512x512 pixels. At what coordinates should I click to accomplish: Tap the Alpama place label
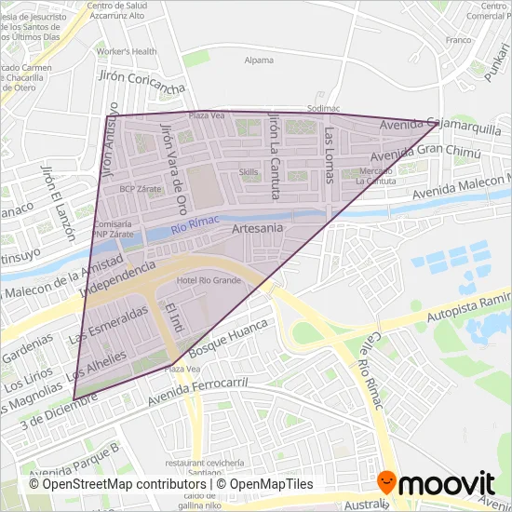pyautogui.click(x=259, y=61)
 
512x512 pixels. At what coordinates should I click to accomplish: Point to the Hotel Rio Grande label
pyautogui.click(x=209, y=280)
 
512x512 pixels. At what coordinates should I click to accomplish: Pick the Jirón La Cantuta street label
pyautogui.click(x=274, y=155)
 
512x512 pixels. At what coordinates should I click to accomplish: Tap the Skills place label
pyautogui.click(x=249, y=172)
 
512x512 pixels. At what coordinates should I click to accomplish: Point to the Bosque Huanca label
pyautogui.click(x=227, y=342)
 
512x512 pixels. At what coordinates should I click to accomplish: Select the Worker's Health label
pyautogui.click(x=127, y=51)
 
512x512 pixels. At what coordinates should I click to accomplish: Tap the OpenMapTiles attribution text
pyautogui.click(x=264, y=483)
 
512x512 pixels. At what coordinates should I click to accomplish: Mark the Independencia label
pyautogui.click(x=117, y=277)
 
